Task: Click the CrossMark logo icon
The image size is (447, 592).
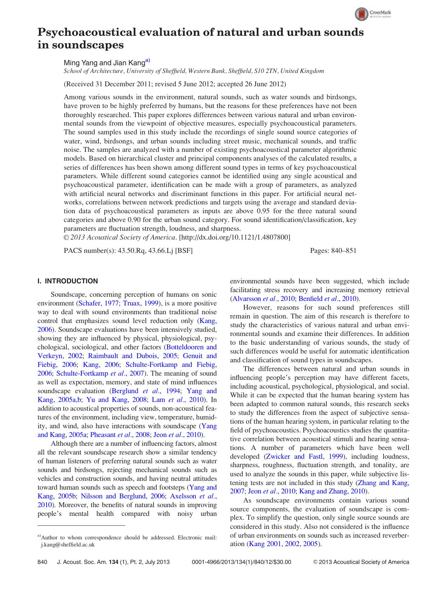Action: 361,14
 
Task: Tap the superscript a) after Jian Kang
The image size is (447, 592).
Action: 148,61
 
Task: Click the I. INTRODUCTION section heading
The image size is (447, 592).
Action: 68,281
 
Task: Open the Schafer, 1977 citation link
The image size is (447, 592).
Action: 99,303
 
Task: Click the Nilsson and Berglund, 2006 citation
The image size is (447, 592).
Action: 123,496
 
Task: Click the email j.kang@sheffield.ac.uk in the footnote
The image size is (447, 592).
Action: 68,545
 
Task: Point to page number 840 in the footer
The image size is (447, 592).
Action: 42,562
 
